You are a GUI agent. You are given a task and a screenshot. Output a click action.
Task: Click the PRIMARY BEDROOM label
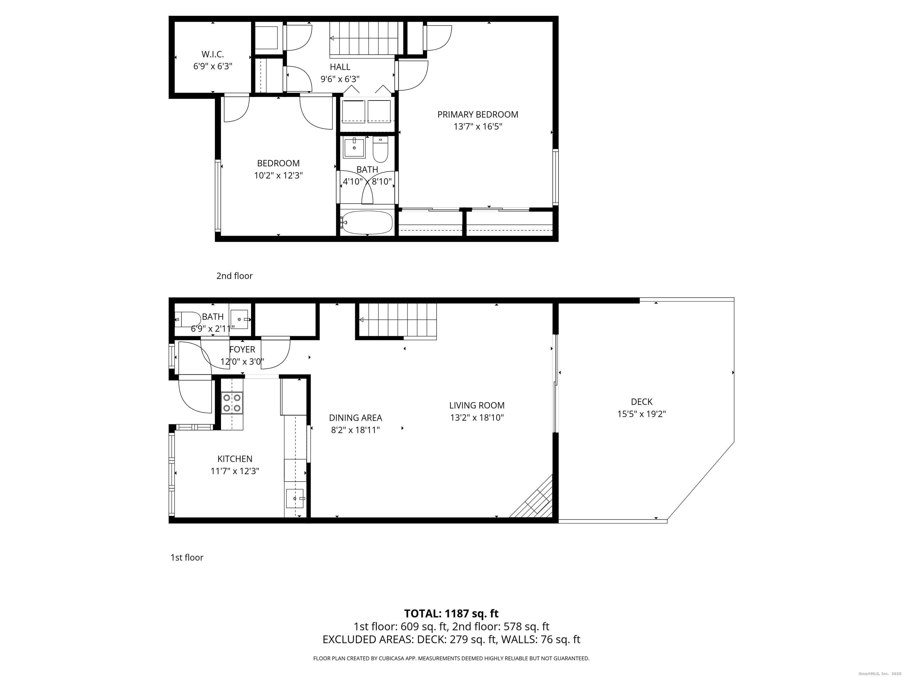click(x=478, y=115)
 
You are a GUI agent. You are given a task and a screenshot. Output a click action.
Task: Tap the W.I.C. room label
click(x=213, y=54)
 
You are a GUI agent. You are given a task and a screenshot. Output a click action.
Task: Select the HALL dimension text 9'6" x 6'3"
click(x=340, y=79)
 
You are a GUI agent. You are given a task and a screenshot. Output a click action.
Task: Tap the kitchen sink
click(x=295, y=498)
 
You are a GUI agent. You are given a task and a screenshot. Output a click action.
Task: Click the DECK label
click(x=642, y=402)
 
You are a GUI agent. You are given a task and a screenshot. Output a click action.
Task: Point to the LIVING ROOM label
click(x=477, y=405)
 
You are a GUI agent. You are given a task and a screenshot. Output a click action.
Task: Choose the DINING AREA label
click(x=356, y=418)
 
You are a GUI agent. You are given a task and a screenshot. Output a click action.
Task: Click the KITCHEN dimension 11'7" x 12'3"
click(x=235, y=471)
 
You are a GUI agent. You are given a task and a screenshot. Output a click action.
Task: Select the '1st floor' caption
click(x=187, y=557)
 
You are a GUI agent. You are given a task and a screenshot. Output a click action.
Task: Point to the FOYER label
click(x=242, y=349)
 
